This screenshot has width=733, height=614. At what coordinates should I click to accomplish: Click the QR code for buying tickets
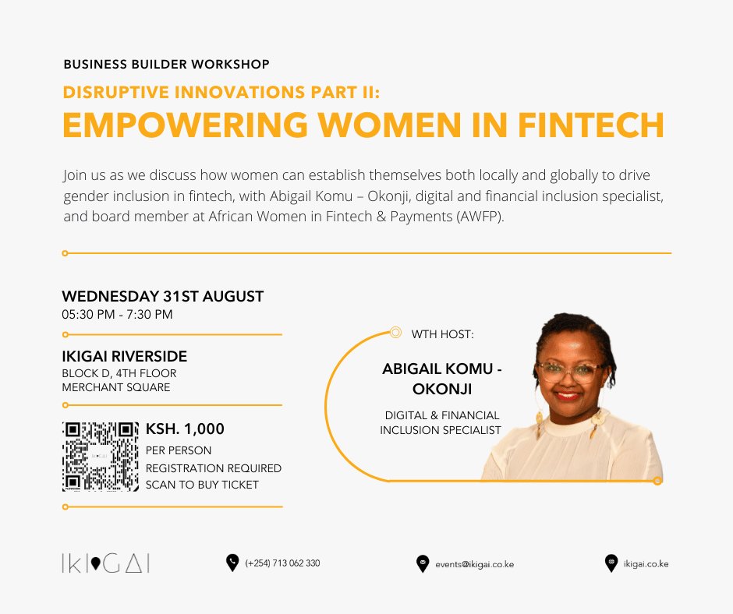coord(101,457)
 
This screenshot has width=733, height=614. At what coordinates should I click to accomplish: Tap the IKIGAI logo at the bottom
coord(105,563)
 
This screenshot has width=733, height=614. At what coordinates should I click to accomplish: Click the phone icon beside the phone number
coord(232,563)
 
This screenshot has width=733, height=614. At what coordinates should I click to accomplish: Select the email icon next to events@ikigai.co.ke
coord(423,564)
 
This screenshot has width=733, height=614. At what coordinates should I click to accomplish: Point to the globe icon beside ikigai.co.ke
coord(611,563)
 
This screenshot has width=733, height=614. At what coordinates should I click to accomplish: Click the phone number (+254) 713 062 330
coord(282,563)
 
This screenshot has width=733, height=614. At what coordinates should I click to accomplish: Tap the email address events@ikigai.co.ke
coord(474,564)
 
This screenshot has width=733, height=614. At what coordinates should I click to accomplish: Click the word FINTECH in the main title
coord(591,125)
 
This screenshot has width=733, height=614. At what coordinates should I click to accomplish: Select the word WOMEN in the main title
coord(390,125)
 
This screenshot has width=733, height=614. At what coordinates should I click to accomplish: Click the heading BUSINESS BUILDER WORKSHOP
coord(166,64)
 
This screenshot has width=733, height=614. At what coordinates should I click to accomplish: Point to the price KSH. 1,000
coord(185,429)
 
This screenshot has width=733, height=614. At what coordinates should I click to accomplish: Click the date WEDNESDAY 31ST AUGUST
coord(163,296)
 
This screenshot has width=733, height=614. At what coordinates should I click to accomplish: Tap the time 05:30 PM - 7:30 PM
coord(117,315)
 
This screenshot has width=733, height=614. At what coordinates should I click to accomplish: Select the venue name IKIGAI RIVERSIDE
coord(124,357)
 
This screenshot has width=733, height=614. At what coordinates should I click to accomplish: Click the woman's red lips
coord(568,396)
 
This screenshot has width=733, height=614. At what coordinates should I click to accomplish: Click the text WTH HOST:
coord(442,334)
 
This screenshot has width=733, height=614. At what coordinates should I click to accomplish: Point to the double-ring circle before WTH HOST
coord(395,332)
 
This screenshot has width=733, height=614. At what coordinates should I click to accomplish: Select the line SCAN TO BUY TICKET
coord(202,485)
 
